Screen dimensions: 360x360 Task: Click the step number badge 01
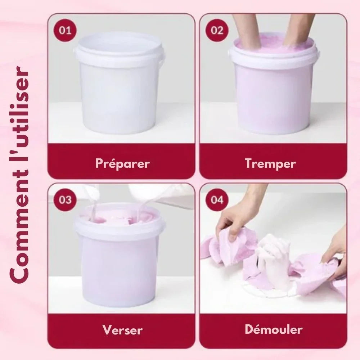click(x=65, y=30)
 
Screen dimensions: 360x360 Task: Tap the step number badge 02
click(x=217, y=30)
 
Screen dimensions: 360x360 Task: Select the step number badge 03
click(x=65, y=200)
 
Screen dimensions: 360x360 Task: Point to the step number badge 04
click(x=217, y=200)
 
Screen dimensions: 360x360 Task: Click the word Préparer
click(x=123, y=164)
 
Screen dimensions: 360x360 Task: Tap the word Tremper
click(x=270, y=164)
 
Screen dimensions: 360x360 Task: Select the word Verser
click(x=123, y=330)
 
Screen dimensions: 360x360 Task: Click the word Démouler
click(x=274, y=329)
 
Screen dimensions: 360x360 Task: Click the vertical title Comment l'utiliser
click(x=19, y=175)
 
